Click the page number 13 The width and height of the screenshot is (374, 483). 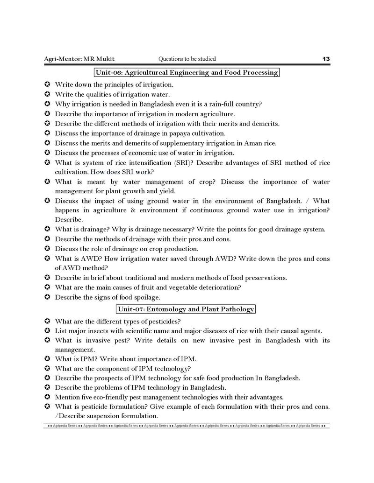click(326, 59)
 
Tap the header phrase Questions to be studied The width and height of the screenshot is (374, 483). click(187, 59)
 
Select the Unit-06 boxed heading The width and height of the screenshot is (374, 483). click(187, 72)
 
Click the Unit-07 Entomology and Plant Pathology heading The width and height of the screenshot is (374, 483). click(186, 309)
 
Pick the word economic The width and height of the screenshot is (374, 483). click(148, 153)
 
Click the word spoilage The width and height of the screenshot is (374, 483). click(145, 297)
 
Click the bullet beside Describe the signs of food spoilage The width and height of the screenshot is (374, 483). click(47, 297)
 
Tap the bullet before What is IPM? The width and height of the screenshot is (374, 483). click(47, 359)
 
